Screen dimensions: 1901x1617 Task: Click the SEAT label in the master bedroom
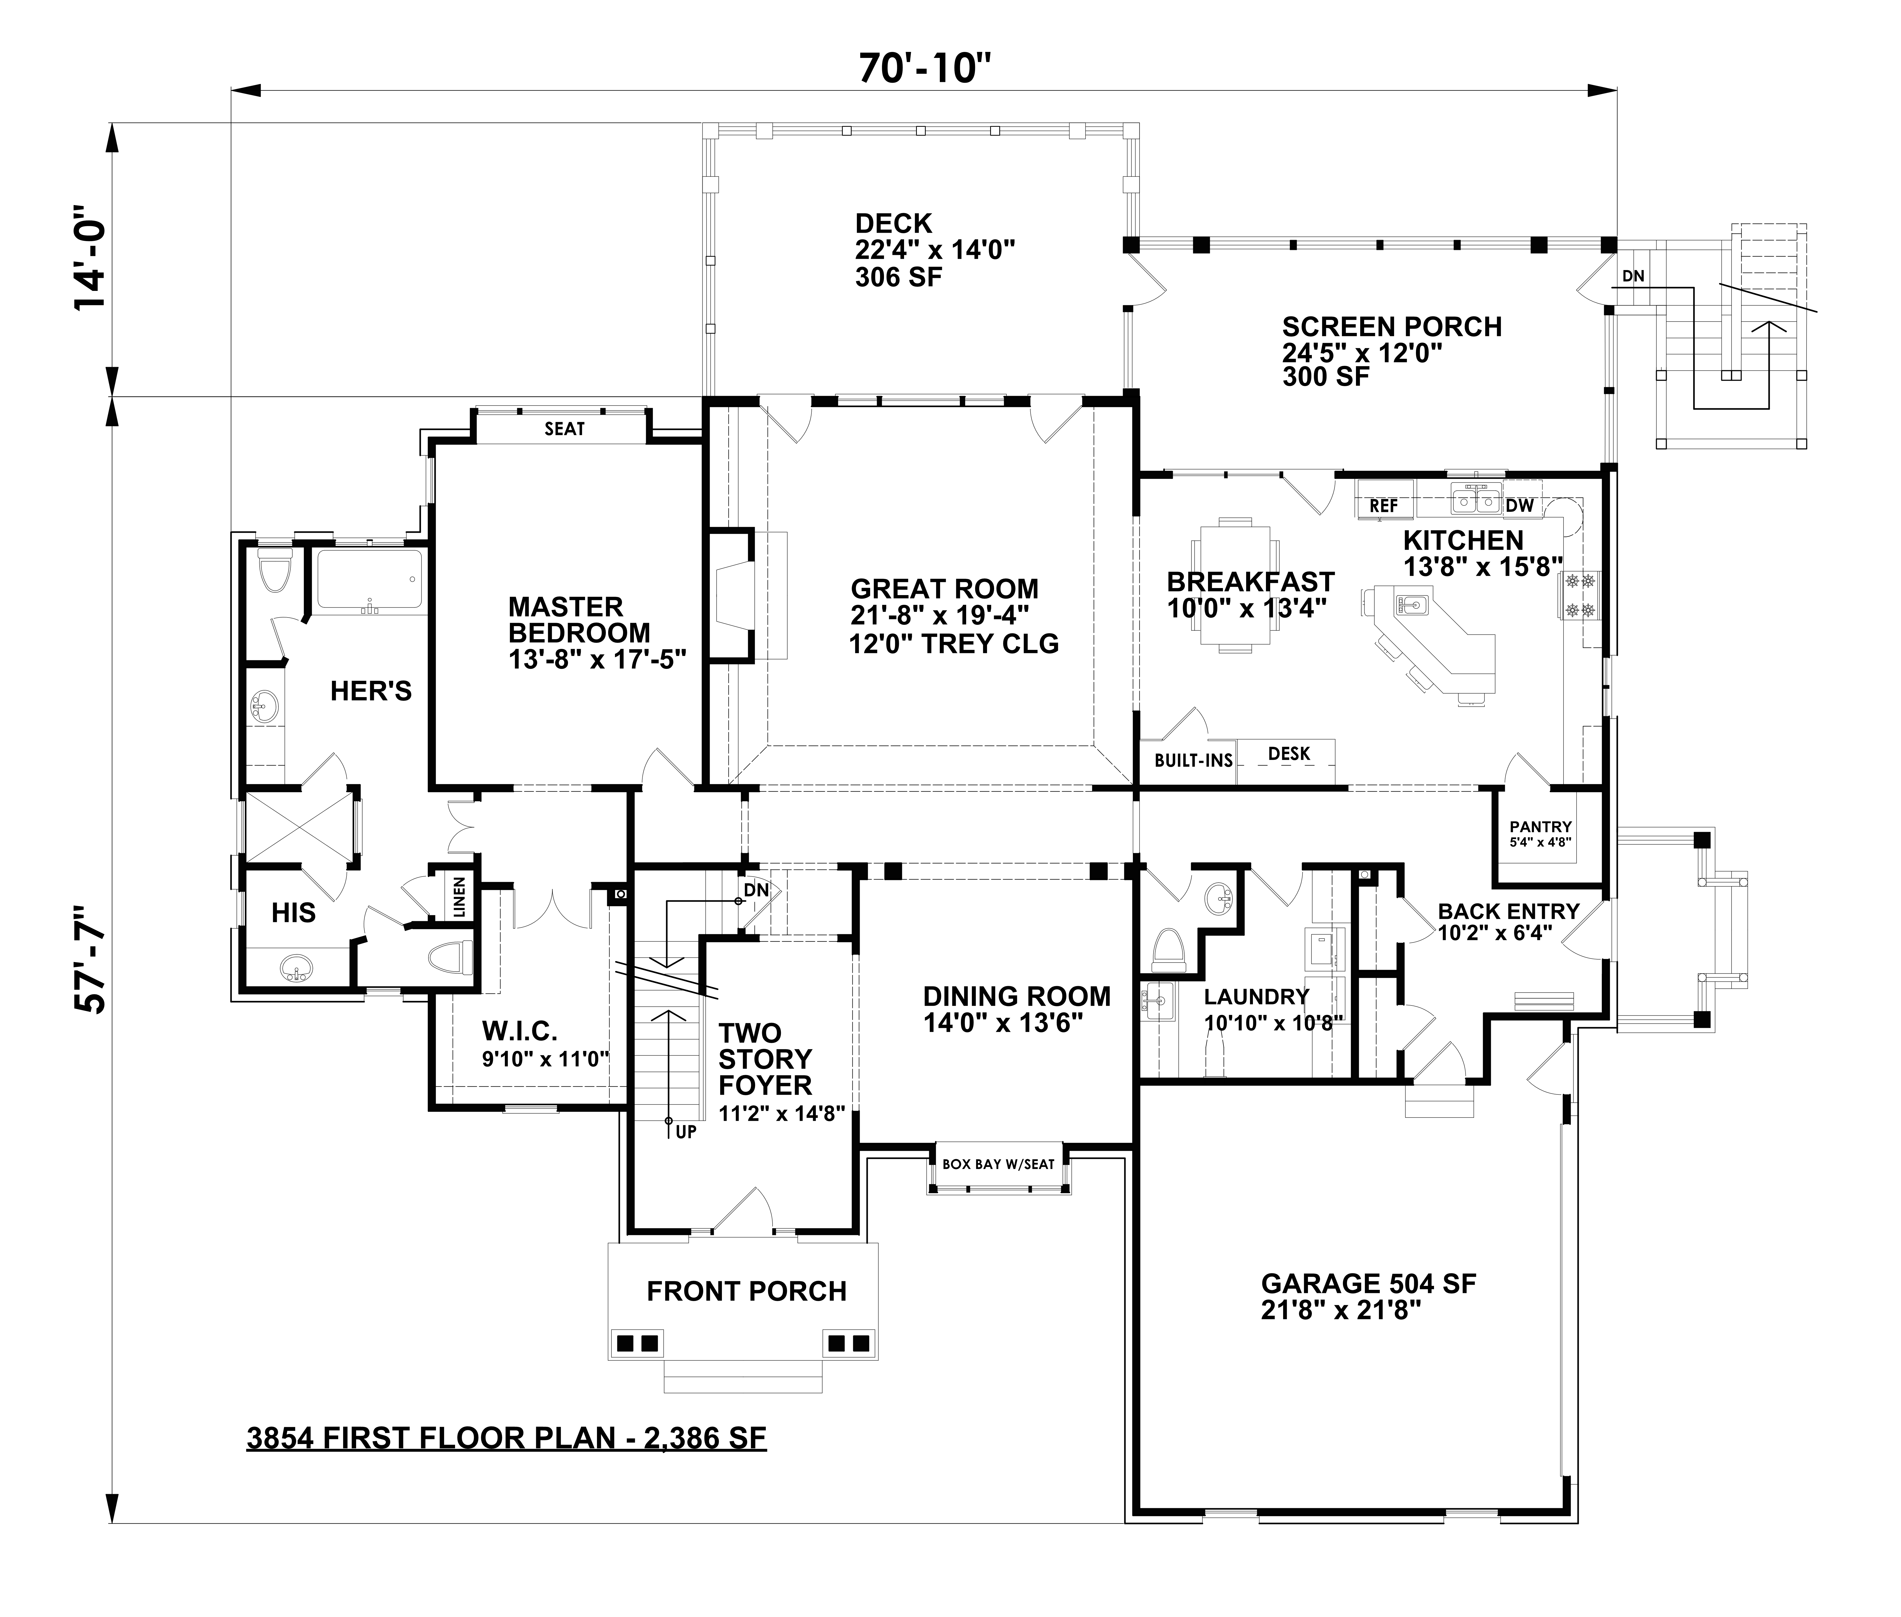(565, 429)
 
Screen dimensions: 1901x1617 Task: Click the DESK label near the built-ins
(1289, 753)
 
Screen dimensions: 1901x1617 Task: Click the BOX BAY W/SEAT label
(998, 1164)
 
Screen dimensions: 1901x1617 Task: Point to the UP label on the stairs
(686, 1132)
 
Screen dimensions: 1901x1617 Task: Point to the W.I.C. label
(520, 1031)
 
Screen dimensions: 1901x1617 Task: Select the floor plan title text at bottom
(506, 1437)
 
